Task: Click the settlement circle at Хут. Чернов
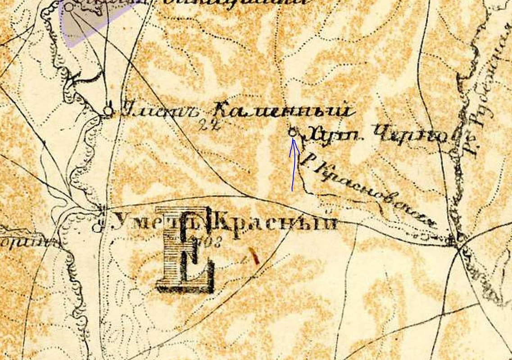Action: tap(292, 132)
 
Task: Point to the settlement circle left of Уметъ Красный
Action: tap(96, 227)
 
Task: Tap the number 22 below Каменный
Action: tap(210, 125)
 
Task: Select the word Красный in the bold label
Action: tap(276, 222)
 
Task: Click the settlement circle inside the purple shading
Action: tap(69, 7)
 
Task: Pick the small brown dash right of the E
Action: tap(254, 256)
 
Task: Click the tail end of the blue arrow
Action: tap(292, 190)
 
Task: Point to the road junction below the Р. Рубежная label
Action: tap(458, 245)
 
